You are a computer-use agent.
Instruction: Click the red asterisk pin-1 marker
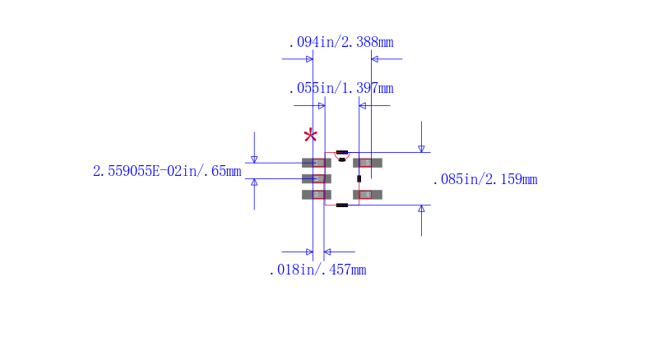click(310, 136)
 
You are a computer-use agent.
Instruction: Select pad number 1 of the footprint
click(316, 163)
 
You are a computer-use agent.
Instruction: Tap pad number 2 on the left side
click(316, 178)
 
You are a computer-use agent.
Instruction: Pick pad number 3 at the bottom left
click(316, 195)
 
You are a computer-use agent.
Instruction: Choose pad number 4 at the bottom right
click(368, 195)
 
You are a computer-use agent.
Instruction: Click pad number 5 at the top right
click(368, 163)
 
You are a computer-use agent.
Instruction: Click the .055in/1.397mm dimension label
click(341, 88)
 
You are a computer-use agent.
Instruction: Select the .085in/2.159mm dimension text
click(484, 179)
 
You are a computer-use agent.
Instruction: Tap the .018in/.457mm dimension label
click(317, 270)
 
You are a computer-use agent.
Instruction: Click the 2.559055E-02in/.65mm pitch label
click(167, 171)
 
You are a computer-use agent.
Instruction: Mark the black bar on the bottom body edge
click(342, 205)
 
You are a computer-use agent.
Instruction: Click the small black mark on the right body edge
click(359, 178)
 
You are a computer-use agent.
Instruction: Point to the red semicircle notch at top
click(342, 155)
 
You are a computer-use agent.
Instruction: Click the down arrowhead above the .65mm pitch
click(254, 159)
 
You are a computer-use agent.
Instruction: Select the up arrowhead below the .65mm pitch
click(254, 182)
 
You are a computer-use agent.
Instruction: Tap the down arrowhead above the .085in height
click(421, 149)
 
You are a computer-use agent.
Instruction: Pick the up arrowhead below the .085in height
click(421, 209)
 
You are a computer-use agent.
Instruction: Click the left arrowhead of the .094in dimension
click(309, 59)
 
